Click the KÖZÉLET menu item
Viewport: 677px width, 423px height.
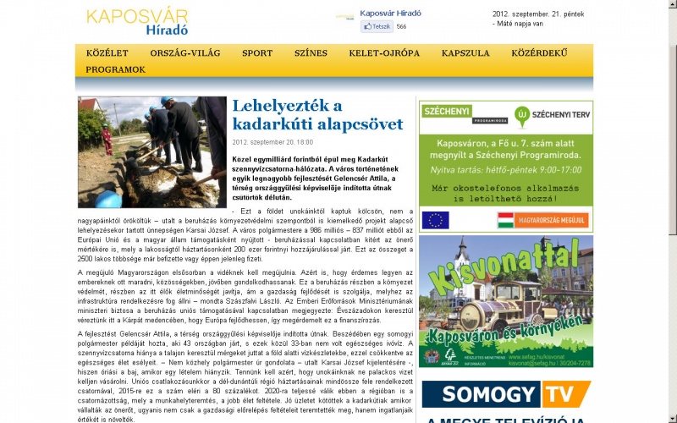tap(107, 53)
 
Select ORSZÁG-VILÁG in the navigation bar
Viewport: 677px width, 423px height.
tap(185, 53)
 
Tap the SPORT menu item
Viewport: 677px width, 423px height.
tap(256, 53)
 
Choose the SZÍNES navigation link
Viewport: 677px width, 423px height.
tap(311, 53)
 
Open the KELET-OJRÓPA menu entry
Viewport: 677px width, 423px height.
tap(383, 53)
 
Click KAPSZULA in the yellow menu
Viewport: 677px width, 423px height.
tap(465, 53)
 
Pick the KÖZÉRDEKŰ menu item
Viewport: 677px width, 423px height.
tap(539, 53)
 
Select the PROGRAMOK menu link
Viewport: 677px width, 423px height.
tap(115, 69)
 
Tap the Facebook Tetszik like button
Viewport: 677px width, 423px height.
tap(377, 26)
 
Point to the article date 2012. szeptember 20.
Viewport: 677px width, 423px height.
tap(272, 142)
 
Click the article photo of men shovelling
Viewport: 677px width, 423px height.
tap(152, 152)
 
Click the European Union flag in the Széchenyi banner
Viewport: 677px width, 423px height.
tap(435, 220)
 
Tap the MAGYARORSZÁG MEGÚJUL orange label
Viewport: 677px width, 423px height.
tap(542, 220)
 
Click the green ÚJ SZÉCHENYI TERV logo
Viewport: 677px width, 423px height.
tap(550, 113)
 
